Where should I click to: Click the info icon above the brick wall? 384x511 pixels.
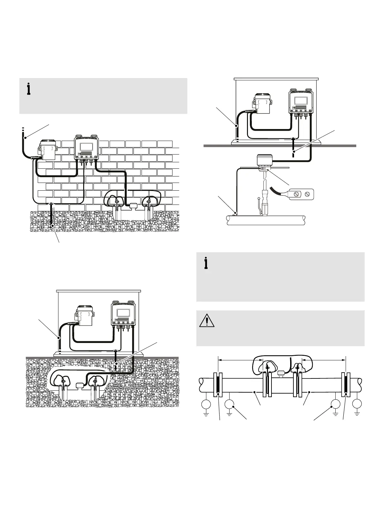pyautogui.click(x=29, y=89)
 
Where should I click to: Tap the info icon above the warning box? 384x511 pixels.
pyautogui.click(x=206, y=263)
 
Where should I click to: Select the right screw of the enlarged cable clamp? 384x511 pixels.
pyautogui.click(x=307, y=194)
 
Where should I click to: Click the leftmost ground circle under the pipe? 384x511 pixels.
pyautogui.click(x=206, y=404)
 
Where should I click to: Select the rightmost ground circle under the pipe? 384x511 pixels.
pyautogui.click(x=357, y=404)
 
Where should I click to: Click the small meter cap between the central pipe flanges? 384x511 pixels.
pyautogui.click(x=281, y=374)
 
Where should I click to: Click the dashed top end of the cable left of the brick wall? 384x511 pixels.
pyautogui.click(x=23, y=130)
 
